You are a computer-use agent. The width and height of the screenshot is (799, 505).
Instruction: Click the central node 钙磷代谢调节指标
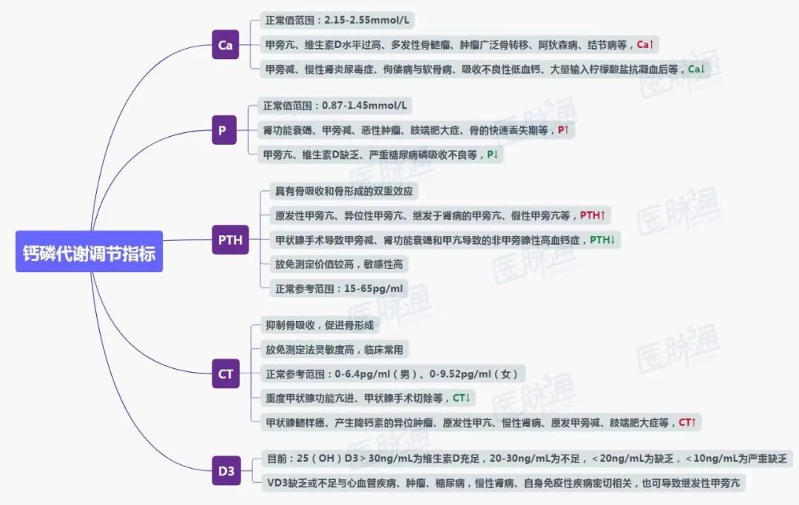89,251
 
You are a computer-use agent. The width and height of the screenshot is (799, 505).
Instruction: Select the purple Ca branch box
226,45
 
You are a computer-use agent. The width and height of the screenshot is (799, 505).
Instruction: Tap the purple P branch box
222,131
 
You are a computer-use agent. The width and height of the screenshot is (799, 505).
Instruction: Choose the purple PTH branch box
230,240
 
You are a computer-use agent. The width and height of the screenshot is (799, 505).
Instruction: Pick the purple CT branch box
226,374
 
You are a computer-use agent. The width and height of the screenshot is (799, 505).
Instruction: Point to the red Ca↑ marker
646,44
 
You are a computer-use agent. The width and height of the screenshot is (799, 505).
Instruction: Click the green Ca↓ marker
696,70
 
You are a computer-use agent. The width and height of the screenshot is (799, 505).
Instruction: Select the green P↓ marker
493,155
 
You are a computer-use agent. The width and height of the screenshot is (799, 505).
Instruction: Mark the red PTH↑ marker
593,215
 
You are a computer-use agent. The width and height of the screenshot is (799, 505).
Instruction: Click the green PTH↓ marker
602,240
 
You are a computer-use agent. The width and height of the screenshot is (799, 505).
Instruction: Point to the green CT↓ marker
462,398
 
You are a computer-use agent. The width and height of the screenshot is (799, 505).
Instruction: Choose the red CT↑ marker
688,422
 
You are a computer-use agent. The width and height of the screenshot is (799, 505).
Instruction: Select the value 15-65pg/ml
373,288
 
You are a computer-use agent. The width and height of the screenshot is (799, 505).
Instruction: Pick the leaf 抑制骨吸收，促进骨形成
320,325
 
